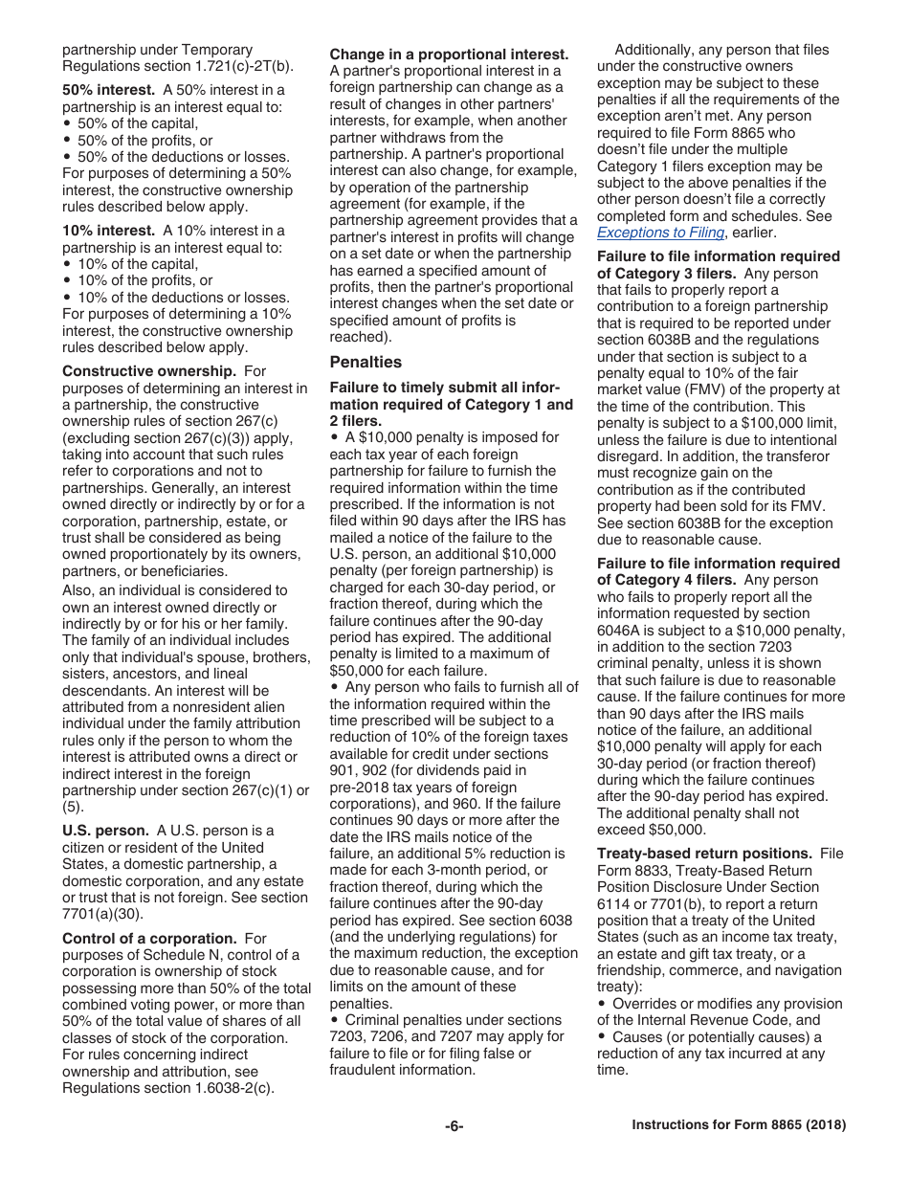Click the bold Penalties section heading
pos(366,362)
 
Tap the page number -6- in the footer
pos(454,1126)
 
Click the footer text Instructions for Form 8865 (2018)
pos(739,1126)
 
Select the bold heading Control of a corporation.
pos(149,939)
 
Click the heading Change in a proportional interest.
pos(449,55)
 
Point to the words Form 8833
pos(632,871)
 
